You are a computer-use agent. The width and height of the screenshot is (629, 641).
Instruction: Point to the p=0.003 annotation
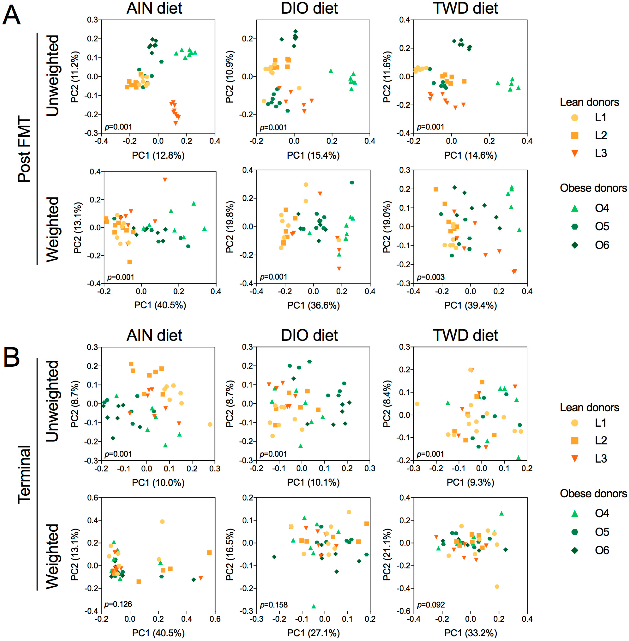tap(430, 277)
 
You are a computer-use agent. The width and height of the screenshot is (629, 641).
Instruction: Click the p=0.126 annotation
tap(118, 604)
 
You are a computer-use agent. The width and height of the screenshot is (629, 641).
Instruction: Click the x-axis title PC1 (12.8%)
tap(158, 155)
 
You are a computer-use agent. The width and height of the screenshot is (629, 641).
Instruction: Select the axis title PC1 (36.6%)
tap(313, 305)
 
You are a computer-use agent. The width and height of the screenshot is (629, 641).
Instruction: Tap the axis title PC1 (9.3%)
tap(470, 482)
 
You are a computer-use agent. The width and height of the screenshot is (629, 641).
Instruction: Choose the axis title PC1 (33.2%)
tap(470, 633)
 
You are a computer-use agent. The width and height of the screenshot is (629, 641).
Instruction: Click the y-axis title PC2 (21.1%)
tap(387, 554)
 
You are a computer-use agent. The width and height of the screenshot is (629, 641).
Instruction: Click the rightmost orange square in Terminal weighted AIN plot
tap(209, 553)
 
